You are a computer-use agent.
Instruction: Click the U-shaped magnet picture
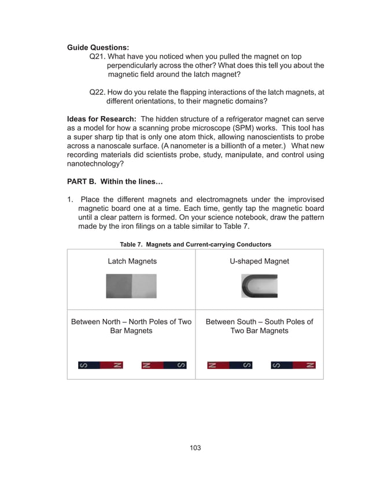click(259, 286)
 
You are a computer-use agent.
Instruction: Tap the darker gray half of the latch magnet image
click(119, 286)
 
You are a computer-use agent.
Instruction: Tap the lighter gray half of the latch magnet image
click(145, 286)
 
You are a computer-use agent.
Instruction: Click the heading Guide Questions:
click(98, 47)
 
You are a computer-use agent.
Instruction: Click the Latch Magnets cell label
click(132, 262)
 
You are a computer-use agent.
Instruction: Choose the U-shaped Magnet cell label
click(259, 262)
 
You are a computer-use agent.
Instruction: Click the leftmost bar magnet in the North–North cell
click(101, 365)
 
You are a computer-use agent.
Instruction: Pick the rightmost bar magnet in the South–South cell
click(293, 365)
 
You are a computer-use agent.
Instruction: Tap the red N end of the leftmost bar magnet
click(113, 365)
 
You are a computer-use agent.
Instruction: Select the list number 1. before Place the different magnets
click(71, 199)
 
